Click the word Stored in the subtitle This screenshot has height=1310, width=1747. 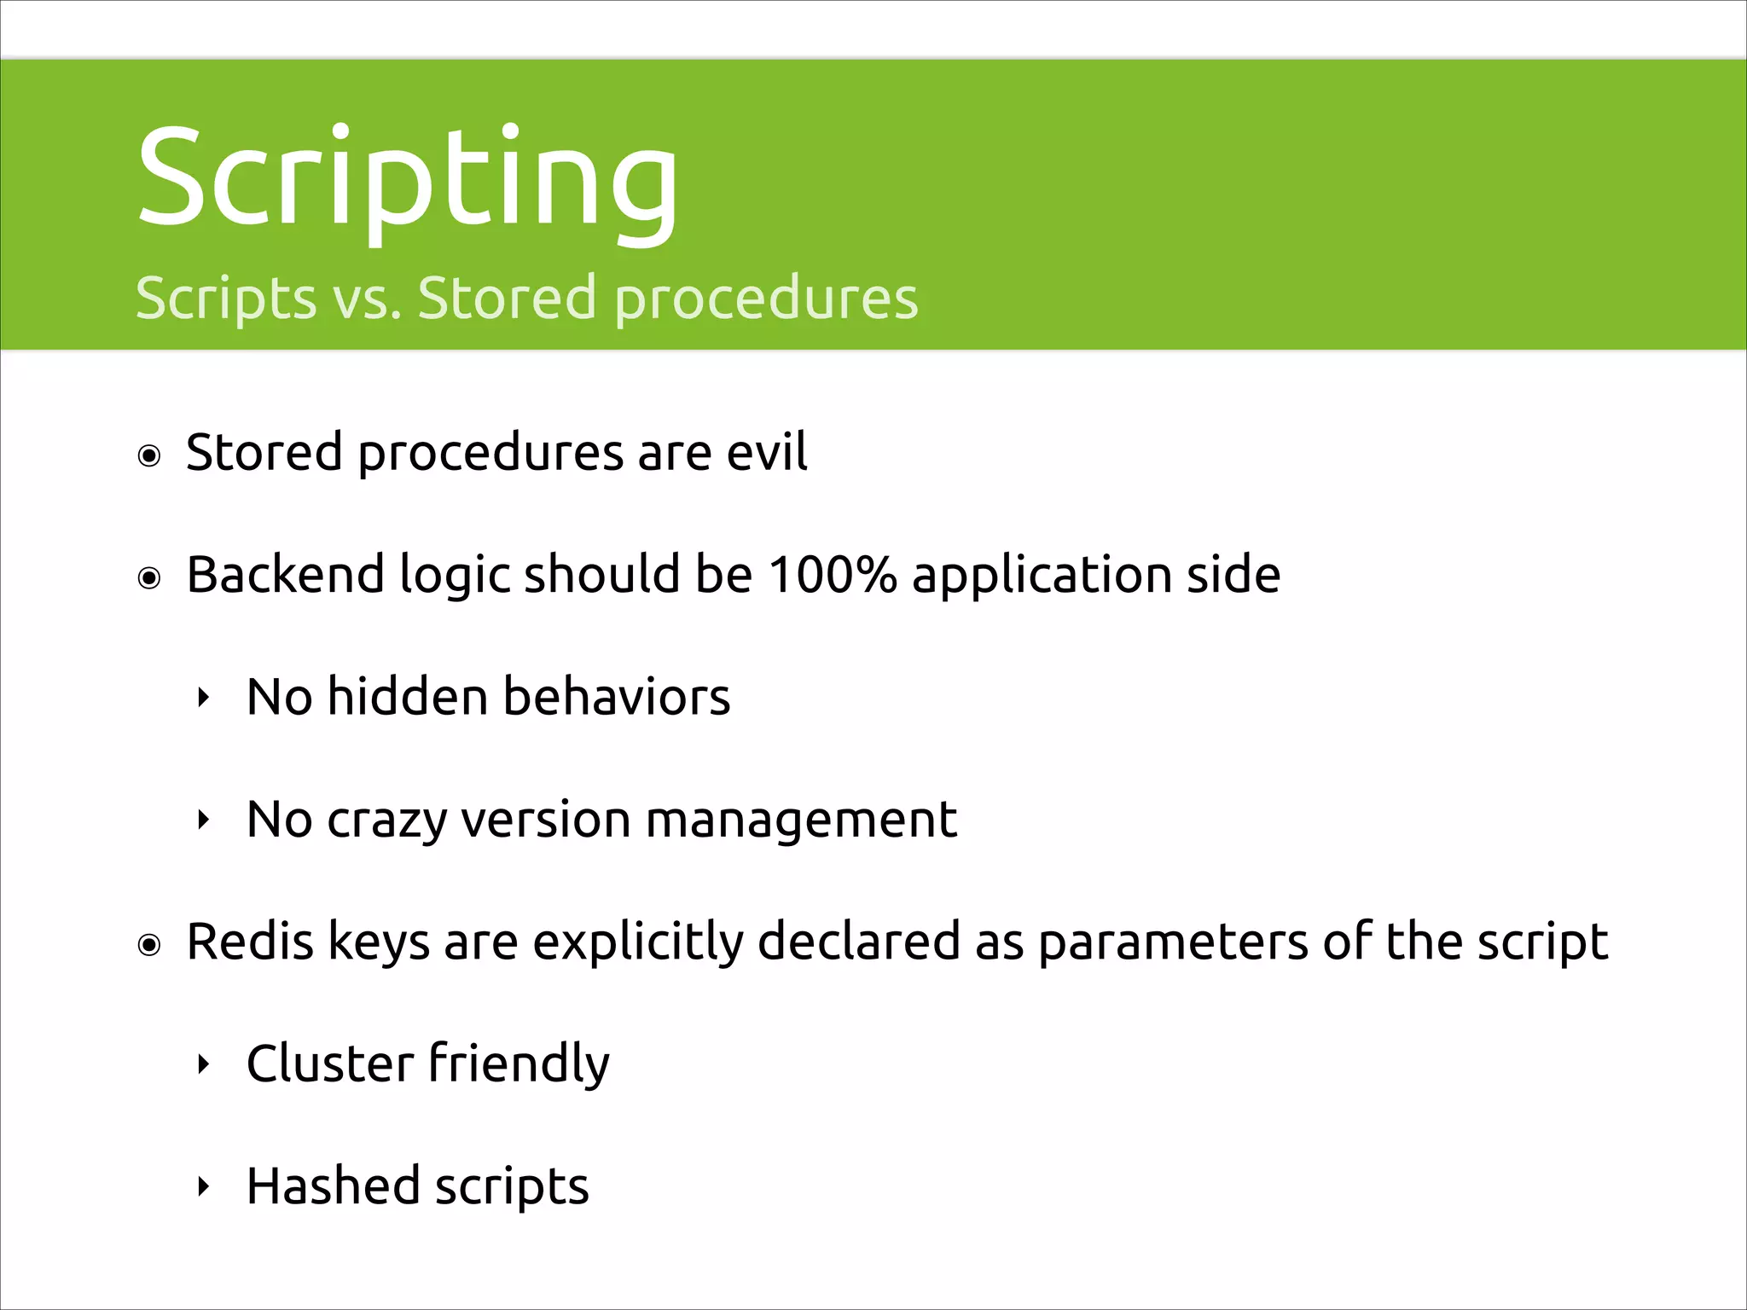tap(507, 299)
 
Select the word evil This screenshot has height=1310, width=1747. tap(766, 452)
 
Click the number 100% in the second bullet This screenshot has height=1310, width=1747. tap(833, 574)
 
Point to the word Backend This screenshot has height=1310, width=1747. tap(285, 574)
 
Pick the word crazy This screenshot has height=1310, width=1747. tap(386, 820)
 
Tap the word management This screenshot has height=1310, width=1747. tap(801, 820)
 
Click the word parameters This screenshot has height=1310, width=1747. tap(1173, 943)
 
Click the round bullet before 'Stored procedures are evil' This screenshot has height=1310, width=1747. tap(149, 456)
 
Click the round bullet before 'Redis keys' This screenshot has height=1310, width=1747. tap(149, 945)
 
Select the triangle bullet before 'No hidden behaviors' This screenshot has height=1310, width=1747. tap(203, 698)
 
